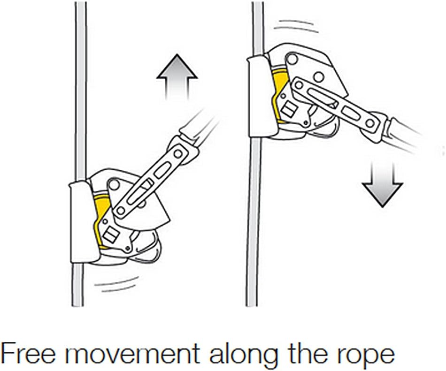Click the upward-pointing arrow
point(177,77)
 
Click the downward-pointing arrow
point(382,185)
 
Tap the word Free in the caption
point(27,354)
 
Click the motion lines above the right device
point(296,26)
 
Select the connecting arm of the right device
point(336,105)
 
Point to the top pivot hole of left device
point(114,185)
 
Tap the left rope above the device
point(80,91)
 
